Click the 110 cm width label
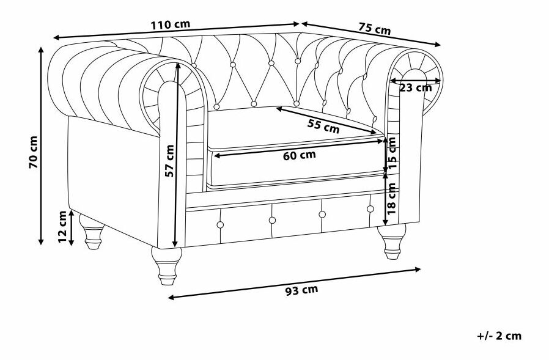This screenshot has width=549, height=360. [x=170, y=25]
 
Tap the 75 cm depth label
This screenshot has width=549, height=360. [x=374, y=28]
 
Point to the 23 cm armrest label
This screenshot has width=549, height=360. [x=415, y=87]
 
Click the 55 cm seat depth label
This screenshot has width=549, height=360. [x=323, y=127]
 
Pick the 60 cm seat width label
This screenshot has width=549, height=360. [x=299, y=155]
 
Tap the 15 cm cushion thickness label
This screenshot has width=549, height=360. [x=392, y=153]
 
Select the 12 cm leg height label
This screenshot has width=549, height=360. [x=62, y=227]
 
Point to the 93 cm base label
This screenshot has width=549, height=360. [x=301, y=290]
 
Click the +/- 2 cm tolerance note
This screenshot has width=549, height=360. [x=499, y=336]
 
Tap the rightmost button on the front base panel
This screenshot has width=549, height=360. [x=370, y=209]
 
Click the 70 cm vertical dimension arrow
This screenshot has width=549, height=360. [x=41, y=183]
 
